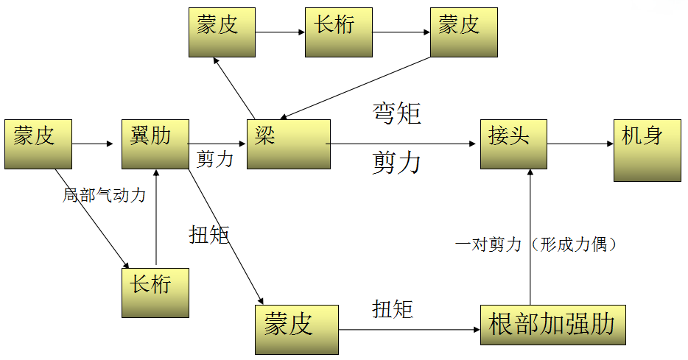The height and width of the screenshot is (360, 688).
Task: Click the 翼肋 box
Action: [x=155, y=144]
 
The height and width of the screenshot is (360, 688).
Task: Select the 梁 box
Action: [x=288, y=144]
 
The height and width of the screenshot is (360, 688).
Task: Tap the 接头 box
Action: [x=514, y=144]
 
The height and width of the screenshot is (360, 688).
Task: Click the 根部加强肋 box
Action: [x=552, y=325]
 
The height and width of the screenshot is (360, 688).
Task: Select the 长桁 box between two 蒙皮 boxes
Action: [x=339, y=32]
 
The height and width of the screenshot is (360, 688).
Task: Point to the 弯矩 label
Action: [x=396, y=113]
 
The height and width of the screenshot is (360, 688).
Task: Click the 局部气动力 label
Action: [x=104, y=196]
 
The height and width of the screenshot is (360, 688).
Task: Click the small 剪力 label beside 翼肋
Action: [x=215, y=159]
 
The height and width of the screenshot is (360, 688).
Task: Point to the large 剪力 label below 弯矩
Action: [x=396, y=162]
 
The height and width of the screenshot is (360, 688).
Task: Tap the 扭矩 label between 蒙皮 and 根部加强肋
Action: [x=392, y=308]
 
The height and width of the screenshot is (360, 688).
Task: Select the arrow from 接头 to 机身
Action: [x=580, y=144]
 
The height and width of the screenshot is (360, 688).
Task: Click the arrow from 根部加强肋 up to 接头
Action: [x=530, y=236]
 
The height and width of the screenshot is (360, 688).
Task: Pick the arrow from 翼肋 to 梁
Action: [x=218, y=144]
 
